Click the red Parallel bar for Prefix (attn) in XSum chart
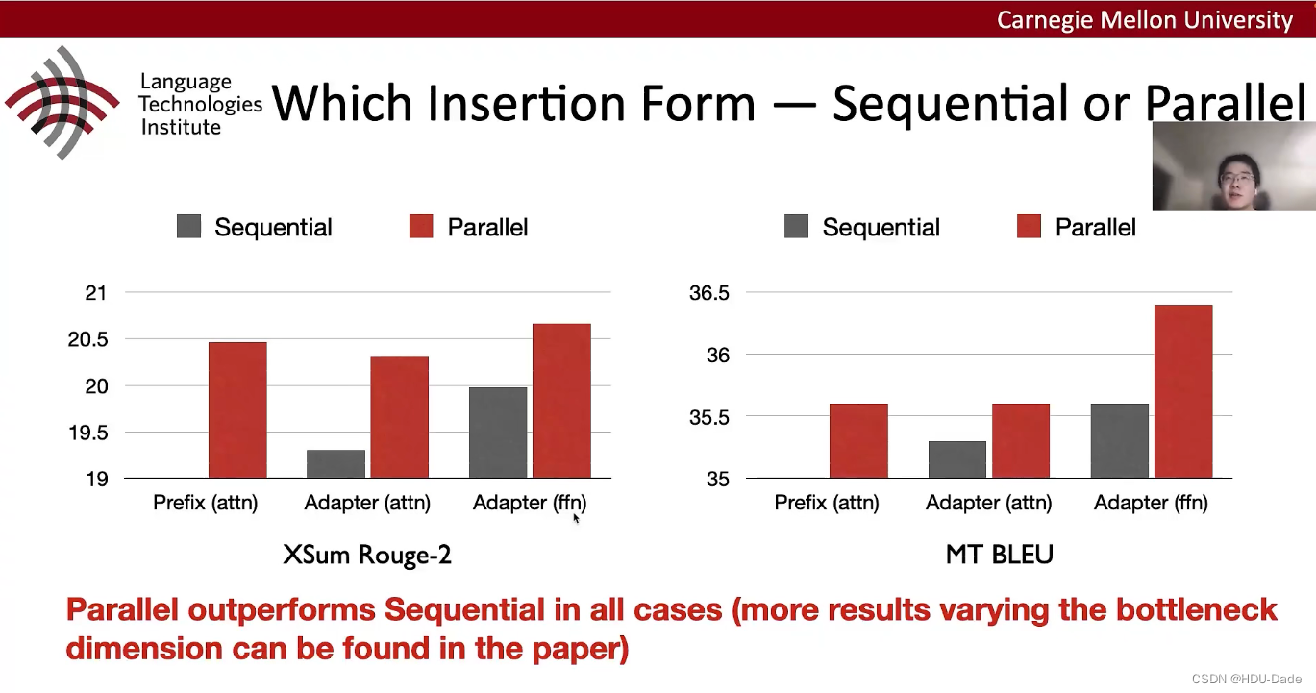[237, 409]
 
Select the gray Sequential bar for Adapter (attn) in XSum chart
[335, 464]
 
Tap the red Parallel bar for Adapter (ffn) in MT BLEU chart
[1183, 391]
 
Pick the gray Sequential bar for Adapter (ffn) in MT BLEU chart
[1119, 441]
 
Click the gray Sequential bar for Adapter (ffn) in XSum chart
[498, 433]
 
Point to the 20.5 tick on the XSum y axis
[88, 339]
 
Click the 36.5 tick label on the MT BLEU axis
[709, 292]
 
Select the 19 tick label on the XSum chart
[97, 480]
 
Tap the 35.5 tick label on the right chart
[709, 417]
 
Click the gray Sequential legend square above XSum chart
[188, 226]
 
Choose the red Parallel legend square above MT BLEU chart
[1029, 226]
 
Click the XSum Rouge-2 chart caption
[367, 555]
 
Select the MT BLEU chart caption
[1000, 555]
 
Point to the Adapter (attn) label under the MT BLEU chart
[989, 503]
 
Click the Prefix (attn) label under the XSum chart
[205, 503]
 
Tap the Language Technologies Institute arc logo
[62, 103]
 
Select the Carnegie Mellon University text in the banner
[1145, 20]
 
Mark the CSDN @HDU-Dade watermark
[1247, 679]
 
